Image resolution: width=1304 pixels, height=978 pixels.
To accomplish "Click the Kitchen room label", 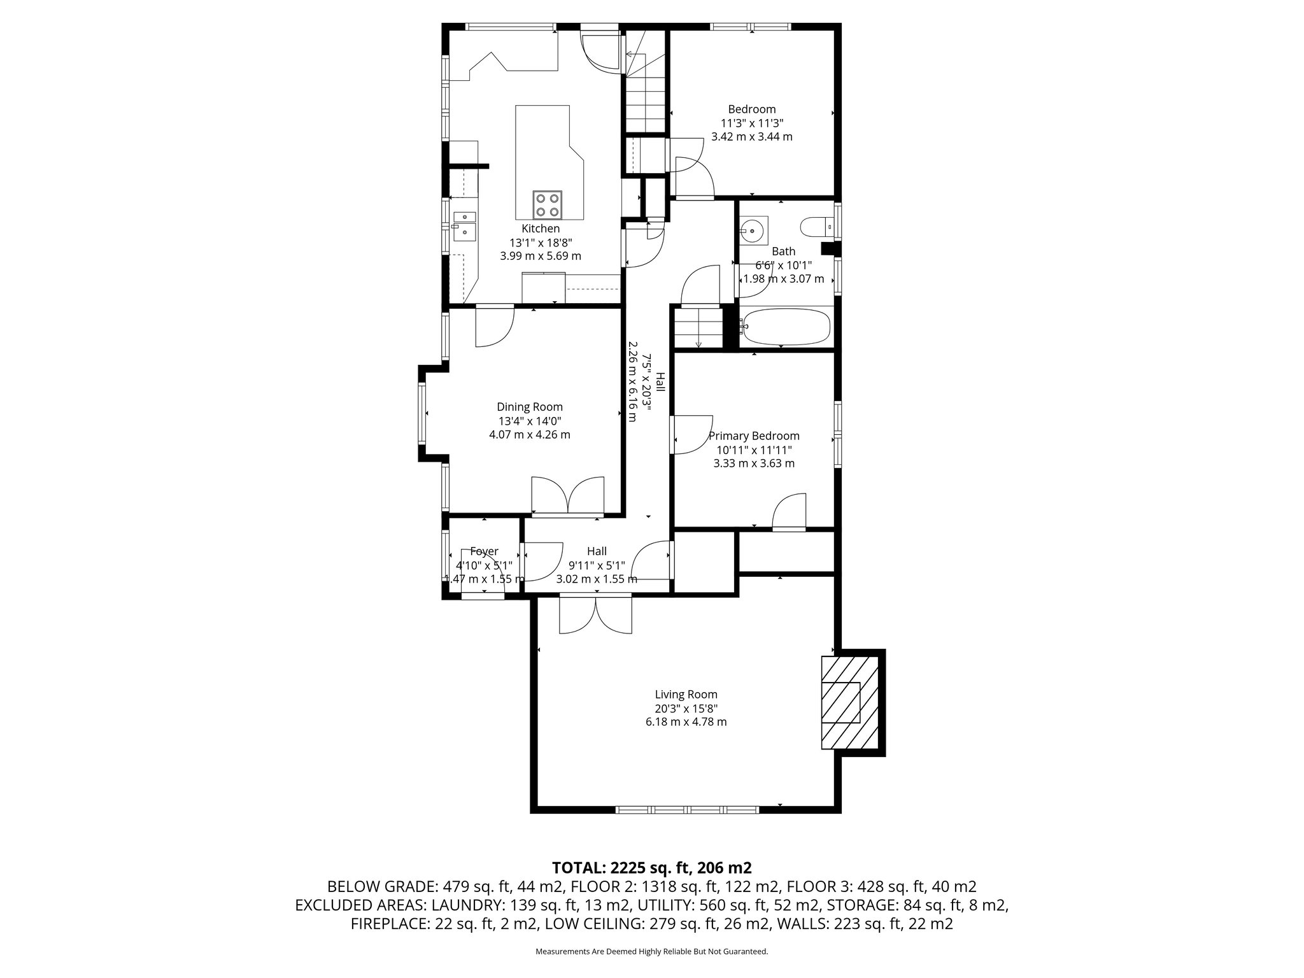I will [541, 229].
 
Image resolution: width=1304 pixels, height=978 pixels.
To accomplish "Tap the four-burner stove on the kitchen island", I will [548, 205].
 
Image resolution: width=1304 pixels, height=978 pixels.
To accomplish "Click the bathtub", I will [786, 328].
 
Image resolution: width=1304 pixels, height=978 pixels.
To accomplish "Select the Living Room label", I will [686, 695].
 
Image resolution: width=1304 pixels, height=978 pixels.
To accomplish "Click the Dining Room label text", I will [530, 407].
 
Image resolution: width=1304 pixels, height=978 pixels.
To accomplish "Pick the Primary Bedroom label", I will [754, 436].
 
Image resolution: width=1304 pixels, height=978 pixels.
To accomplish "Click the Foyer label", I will [484, 551].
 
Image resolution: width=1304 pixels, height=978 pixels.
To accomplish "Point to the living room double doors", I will [596, 614].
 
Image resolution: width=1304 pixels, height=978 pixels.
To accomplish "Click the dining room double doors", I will [567, 495].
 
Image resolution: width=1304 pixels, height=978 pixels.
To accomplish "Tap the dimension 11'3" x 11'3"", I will [752, 123].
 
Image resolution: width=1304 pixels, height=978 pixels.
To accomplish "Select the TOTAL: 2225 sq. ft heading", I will [652, 867].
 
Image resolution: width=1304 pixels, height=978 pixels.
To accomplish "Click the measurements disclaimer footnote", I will [652, 952].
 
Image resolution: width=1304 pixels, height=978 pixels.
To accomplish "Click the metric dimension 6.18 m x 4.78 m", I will [686, 722].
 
